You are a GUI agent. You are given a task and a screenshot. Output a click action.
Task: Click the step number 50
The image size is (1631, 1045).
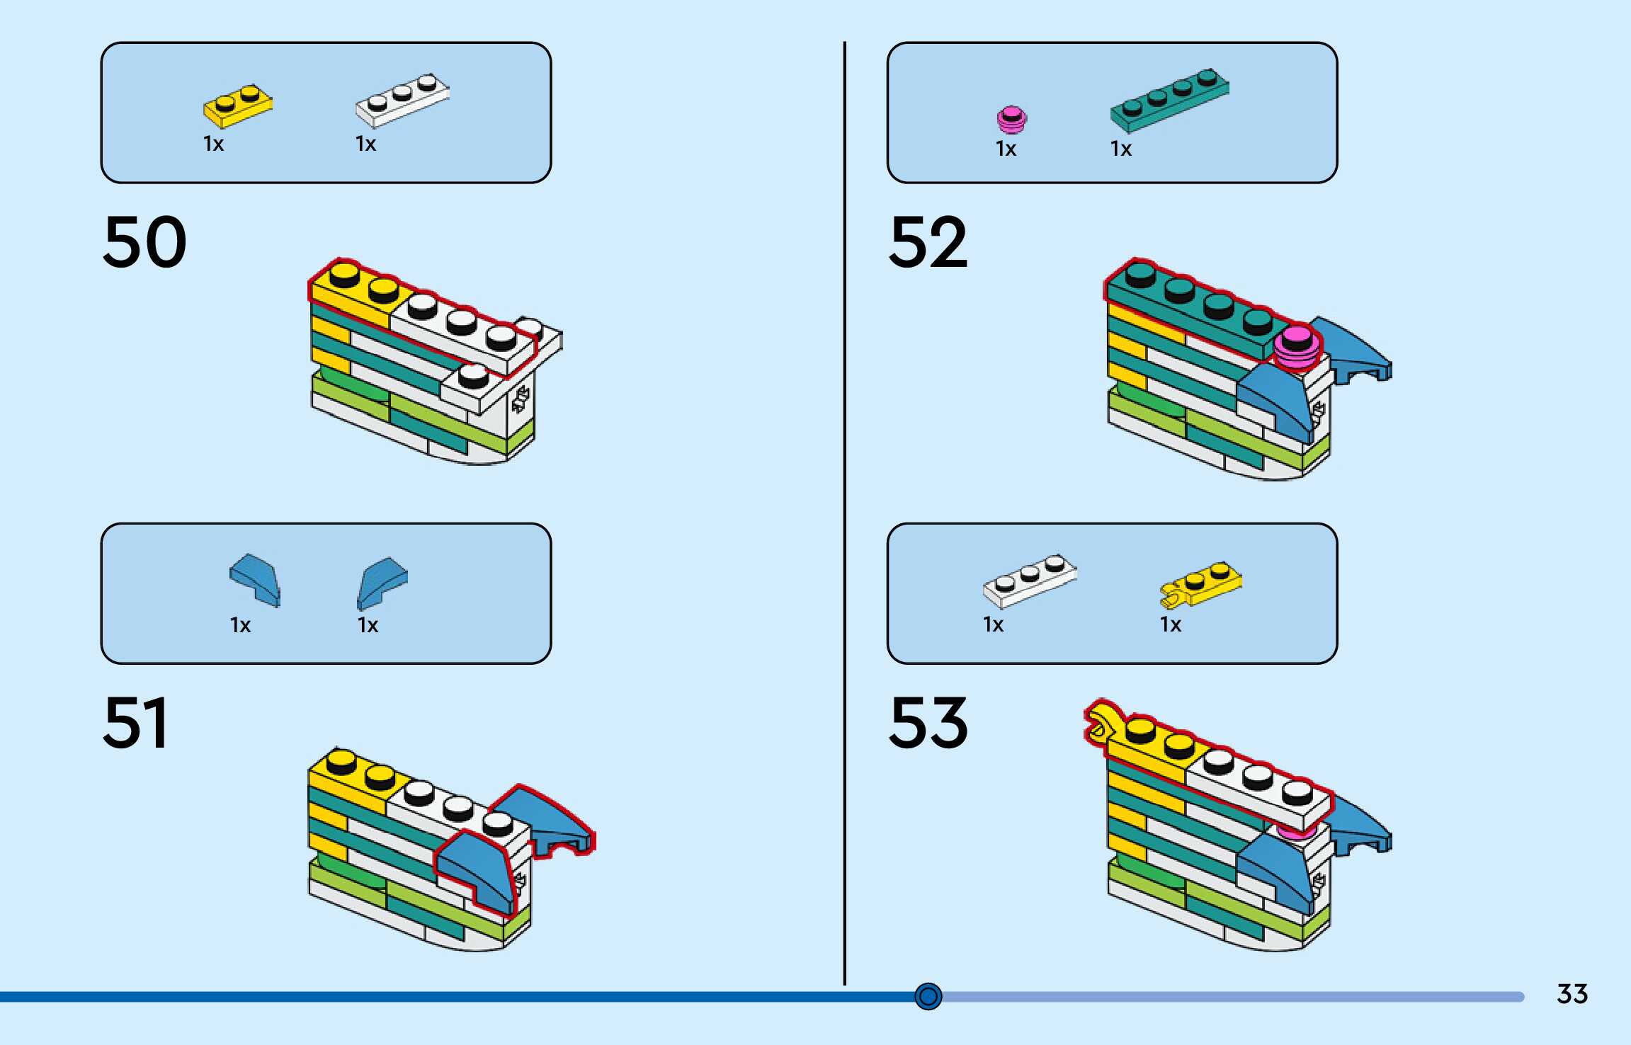pos(144,242)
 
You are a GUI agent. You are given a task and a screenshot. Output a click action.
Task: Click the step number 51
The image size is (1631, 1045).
pos(136,723)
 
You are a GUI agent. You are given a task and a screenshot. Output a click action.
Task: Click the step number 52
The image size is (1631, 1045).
pos(928,242)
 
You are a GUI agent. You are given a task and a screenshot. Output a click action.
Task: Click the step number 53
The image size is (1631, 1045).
pos(928,723)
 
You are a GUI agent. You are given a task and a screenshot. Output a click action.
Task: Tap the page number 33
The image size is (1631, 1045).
pos(1572,994)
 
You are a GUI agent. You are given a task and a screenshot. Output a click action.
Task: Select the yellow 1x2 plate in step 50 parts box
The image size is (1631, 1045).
pos(238,108)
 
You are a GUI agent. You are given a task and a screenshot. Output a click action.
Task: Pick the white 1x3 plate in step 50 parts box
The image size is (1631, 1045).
pos(402,99)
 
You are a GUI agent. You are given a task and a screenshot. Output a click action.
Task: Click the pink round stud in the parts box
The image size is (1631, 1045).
pos(1011,120)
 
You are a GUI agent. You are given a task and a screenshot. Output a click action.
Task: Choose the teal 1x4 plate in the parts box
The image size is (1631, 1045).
pos(1170,100)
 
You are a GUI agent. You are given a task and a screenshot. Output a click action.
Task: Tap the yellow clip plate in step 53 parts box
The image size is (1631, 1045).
pos(1200,585)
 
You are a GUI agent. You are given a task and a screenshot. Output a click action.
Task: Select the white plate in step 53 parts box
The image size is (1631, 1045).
pos(1030,581)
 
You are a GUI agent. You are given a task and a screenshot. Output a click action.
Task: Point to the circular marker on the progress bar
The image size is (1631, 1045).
pos(928,996)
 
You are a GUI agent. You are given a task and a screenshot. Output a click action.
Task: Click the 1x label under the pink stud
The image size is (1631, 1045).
pos(1006,149)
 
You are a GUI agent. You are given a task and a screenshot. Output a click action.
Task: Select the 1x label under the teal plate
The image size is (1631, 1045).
pos(1121,149)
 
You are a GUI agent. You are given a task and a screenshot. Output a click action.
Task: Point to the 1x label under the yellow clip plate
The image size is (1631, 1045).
pos(1171,624)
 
